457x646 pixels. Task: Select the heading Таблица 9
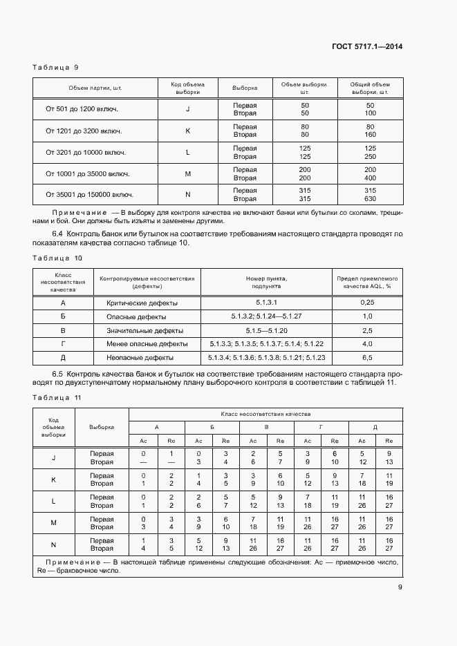(55, 67)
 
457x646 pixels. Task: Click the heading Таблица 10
(57, 258)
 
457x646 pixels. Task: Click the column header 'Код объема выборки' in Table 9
(187, 88)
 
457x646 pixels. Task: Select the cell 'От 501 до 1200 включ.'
(82, 109)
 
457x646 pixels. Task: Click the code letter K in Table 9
(187, 131)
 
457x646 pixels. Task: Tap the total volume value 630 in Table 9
(370, 199)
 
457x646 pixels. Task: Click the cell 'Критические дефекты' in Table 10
(142, 303)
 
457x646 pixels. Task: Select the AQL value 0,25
(367, 303)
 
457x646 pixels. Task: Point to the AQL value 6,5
(367, 358)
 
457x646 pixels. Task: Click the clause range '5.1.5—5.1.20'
(266, 331)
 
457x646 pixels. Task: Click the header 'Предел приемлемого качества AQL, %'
(367, 283)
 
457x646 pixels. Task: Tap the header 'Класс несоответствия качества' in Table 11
(265, 412)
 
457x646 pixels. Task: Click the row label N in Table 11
(53, 544)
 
